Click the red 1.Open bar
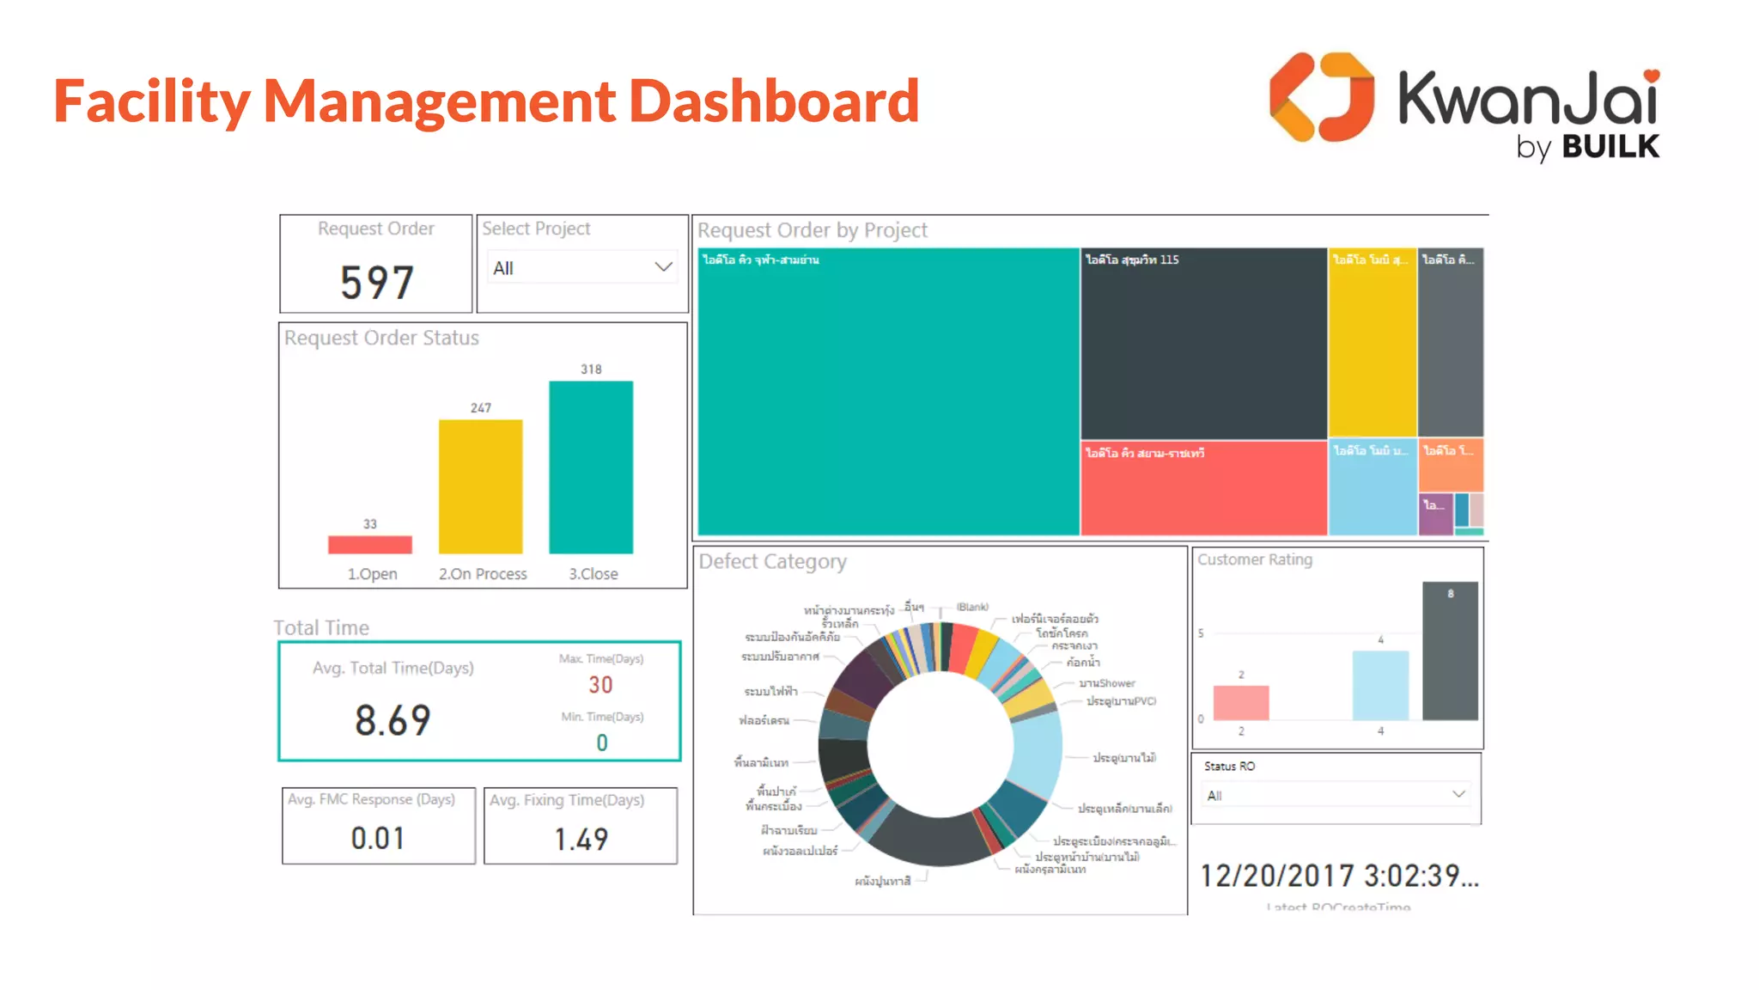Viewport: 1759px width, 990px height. click(369, 545)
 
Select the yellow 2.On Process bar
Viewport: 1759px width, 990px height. click(480, 486)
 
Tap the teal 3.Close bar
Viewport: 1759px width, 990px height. click(591, 467)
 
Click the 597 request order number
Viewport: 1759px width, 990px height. click(377, 283)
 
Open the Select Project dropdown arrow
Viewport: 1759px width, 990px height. click(663, 267)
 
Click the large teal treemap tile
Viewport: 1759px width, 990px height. click(888, 392)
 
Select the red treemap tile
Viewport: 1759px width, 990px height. click(1202, 488)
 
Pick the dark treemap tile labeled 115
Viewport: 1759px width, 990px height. click(1202, 344)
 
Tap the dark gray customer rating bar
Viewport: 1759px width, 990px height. click(1450, 651)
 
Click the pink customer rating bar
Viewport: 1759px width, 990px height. click(1240, 703)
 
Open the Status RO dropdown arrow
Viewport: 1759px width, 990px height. click(1458, 794)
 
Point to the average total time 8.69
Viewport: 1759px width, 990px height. click(393, 720)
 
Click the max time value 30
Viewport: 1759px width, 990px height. click(600, 685)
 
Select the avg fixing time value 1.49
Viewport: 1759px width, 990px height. click(581, 839)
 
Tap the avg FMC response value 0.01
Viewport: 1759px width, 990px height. click(378, 838)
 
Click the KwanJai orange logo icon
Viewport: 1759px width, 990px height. click(1321, 97)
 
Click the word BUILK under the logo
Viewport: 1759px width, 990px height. click(1610, 147)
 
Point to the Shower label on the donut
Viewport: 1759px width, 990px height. click(1107, 683)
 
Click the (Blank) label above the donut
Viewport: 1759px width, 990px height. click(972, 607)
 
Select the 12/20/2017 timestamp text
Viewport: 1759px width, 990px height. click(1338, 876)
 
